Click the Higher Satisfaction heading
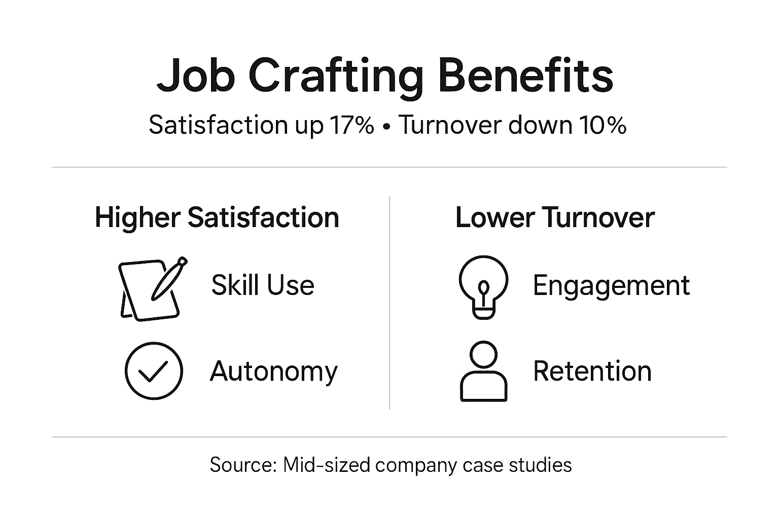pos(217,217)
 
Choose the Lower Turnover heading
pos(555,217)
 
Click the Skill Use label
pos(263,285)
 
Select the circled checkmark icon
pos(154,370)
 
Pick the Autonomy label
pos(273,372)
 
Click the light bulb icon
pos(483,286)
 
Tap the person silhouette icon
pos(483,372)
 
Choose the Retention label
pos(592,371)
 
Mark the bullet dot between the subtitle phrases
pos(387,126)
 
